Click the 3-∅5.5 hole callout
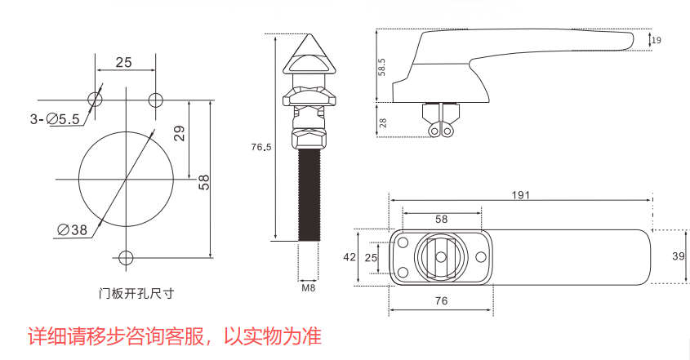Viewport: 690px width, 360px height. (x=55, y=119)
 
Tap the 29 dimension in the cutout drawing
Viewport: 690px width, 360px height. (x=180, y=133)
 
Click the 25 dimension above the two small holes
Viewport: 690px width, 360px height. (x=123, y=62)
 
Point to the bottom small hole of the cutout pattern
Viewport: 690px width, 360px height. (x=124, y=258)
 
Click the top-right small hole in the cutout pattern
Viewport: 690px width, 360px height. (x=155, y=100)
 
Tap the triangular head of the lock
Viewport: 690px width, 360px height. (x=310, y=57)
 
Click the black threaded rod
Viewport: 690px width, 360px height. (x=309, y=196)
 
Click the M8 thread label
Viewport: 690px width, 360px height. (x=309, y=287)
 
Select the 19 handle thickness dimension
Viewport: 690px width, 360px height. (x=657, y=40)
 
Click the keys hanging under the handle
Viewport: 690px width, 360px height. (x=440, y=127)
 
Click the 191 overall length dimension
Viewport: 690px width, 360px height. (x=521, y=194)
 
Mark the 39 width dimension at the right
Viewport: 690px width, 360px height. (x=678, y=256)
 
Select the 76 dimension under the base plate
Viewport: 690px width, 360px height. (x=441, y=301)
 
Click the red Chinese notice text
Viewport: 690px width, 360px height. (x=175, y=336)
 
